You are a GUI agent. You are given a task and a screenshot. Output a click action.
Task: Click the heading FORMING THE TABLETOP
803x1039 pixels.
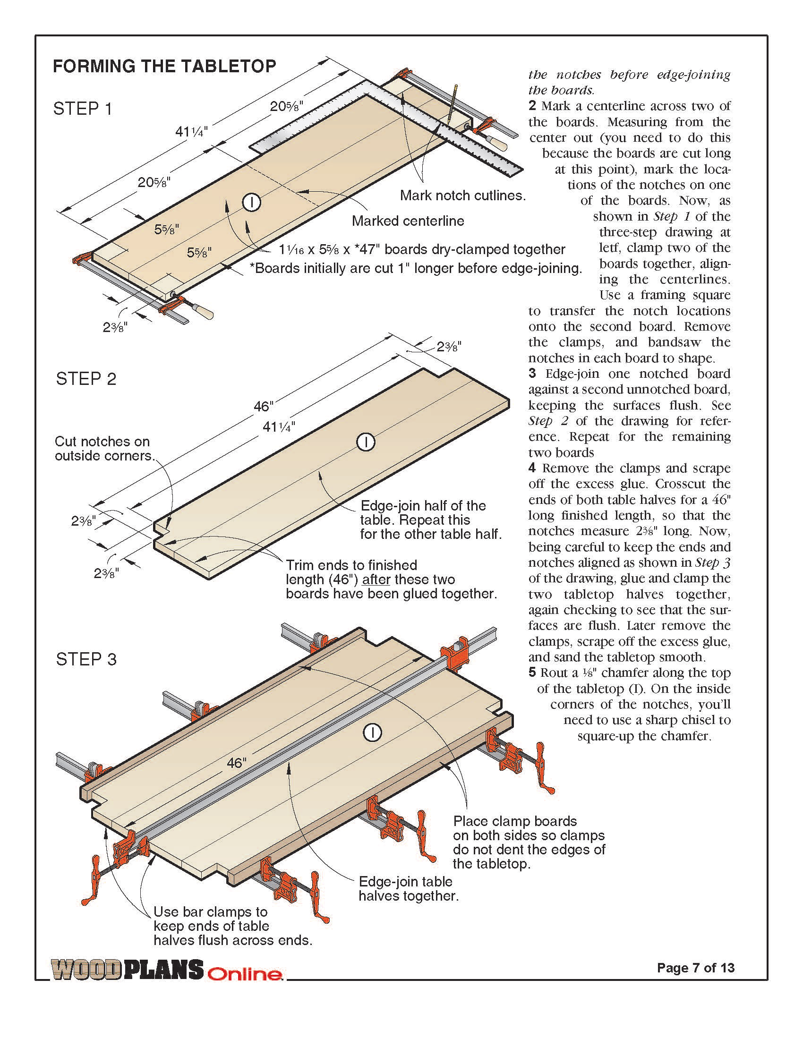click(164, 66)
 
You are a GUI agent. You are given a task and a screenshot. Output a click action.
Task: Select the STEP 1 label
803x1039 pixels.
click(83, 109)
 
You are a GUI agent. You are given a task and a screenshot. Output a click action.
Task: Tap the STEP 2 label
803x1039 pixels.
click(86, 379)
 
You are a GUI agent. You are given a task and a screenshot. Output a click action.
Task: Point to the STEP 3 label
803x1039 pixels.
click(86, 659)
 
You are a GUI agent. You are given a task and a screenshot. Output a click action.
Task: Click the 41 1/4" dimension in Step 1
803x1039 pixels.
click(191, 131)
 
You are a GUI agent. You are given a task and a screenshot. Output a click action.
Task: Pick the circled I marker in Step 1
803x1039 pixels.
click(252, 203)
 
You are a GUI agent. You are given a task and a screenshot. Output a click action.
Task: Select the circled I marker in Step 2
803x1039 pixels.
click(366, 442)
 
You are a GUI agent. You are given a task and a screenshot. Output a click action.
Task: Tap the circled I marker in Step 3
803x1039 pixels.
click(373, 733)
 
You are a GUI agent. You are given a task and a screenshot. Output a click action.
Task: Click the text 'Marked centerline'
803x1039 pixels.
click(408, 221)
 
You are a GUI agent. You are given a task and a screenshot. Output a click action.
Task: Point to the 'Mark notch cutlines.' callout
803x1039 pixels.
click(462, 196)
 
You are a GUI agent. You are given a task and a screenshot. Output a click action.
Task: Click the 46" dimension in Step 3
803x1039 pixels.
click(237, 763)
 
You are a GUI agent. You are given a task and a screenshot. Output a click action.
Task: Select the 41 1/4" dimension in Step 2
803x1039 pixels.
click(279, 427)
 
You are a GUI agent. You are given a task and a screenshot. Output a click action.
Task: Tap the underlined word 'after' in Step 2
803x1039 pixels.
click(376, 579)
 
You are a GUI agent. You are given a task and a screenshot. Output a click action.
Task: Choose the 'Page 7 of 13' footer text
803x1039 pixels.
click(695, 968)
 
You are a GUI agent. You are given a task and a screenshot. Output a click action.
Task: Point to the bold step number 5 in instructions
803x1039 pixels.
click(532, 673)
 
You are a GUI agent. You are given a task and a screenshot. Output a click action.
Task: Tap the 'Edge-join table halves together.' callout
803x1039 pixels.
click(408, 889)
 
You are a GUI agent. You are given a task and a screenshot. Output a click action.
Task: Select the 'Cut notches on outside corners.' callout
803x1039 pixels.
click(105, 448)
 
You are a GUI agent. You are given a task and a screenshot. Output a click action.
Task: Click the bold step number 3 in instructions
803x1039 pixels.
click(532, 374)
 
